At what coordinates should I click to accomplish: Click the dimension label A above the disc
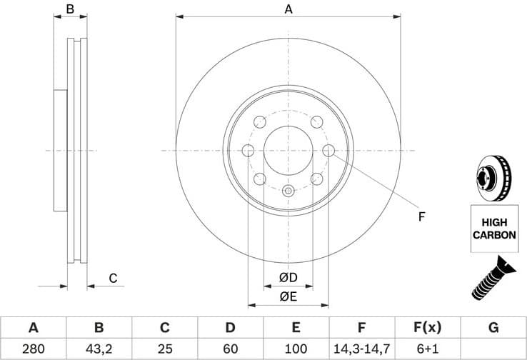pos(288,9)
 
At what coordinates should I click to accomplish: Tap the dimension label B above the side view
pos(70,9)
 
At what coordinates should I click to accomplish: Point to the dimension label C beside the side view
pos(112,279)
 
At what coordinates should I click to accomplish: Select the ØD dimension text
pos(288,277)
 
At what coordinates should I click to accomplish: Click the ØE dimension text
pos(288,296)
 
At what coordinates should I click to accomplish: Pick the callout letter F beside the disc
pos(421,216)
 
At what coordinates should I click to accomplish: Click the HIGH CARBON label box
pos(493,229)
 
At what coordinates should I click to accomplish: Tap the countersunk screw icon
pos(493,278)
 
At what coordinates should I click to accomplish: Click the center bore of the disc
pos(288,151)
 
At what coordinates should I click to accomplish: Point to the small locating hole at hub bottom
pos(288,190)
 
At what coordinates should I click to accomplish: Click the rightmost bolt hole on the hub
pos(328,150)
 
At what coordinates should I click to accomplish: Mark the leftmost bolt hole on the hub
pos(249,150)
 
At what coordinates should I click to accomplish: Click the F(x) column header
pos(427,328)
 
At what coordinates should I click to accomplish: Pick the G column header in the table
pos(493,328)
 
